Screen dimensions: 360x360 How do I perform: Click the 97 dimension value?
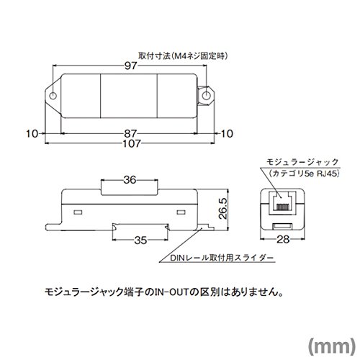pyautogui.click(x=130, y=66)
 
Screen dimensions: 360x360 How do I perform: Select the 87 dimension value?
pyautogui.click(x=130, y=134)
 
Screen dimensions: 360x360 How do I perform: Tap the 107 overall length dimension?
pyautogui.click(x=132, y=143)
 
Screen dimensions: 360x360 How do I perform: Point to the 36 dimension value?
pyautogui.click(x=130, y=180)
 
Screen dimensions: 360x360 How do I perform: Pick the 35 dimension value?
pyautogui.click(x=140, y=240)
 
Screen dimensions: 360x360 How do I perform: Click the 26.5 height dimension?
pyautogui.click(x=223, y=208)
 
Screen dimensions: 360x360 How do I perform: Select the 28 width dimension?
pyautogui.click(x=283, y=239)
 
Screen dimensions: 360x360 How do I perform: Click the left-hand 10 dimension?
pyautogui.click(x=32, y=134)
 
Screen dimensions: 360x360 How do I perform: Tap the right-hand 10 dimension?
pyautogui.click(x=227, y=134)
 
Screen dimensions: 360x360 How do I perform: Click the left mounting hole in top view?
pyautogui.click(x=53, y=96)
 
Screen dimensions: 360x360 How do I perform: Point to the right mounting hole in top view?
pyautogui.click(x=205, y=96)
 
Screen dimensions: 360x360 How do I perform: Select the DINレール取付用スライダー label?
pyautogui.click(x=222, y=258)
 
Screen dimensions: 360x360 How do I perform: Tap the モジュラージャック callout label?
pyautogui.click(x=302, y=162)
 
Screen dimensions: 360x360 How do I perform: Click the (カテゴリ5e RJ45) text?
pyautogui.click(x=304, y=174)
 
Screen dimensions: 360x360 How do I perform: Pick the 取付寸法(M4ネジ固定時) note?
pyautogui.click(x=183, y=56)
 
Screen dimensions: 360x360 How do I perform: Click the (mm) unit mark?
pyautogui.click(x=332, y=346)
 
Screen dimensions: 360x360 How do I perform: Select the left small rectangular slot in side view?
pyautogui.click(x=78, y=212)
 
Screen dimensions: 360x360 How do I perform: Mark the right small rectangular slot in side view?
pyautogui.click(x=181, y=212)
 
